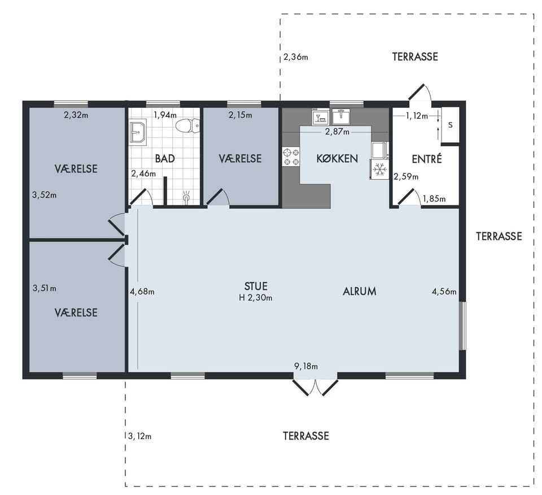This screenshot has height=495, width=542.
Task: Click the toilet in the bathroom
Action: point(187,126)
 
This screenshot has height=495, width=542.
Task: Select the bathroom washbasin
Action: point(138,132)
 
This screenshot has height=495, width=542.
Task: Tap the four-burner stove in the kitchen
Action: point(291,157)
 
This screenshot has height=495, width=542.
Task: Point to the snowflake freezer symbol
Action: point(380,169)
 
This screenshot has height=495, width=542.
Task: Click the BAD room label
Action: point(165,159)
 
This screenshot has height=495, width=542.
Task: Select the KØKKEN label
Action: point(337,159)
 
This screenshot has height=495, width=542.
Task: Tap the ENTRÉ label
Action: point(427,159)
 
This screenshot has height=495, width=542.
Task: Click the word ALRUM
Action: point(360,292)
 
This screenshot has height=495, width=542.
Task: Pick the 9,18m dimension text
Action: point(306,366)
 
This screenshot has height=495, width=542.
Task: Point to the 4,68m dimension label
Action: point(142,292)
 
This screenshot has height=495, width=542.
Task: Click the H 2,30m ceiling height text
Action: point(255,297)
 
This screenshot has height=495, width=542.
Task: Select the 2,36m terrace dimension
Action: point(295,57)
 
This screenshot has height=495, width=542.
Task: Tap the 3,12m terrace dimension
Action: point(139,436)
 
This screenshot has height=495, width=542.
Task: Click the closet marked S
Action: point(450,125)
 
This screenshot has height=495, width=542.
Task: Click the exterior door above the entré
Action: point(419,92)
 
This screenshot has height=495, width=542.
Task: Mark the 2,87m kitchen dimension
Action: point(337,132)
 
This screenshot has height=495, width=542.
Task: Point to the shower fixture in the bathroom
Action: point(187,197)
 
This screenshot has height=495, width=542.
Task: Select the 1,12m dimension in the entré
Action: point(417,116)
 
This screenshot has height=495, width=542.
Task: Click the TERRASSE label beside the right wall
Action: point(499,236)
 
